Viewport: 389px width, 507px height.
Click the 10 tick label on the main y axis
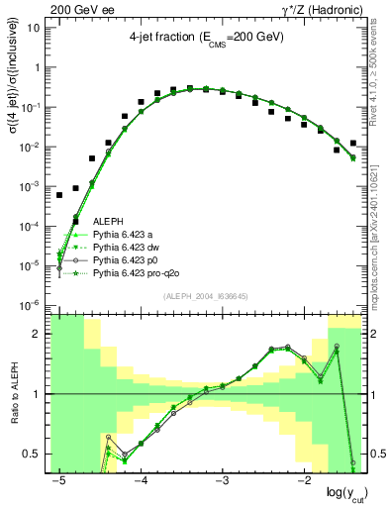[x=32, y=28]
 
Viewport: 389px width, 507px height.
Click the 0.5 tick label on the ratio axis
[x=30, y=454]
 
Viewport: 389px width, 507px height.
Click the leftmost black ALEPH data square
[x=59, y=194]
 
